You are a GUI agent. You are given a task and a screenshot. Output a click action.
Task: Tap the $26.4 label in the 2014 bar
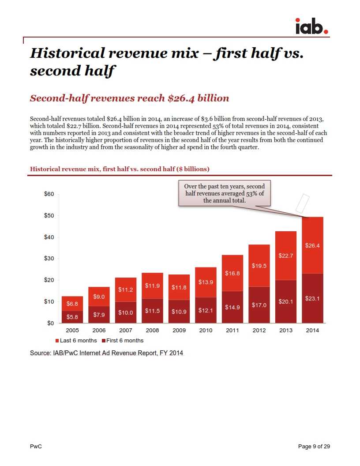click(312, 245)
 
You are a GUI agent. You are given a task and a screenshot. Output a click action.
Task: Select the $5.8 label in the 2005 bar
click(72, 317)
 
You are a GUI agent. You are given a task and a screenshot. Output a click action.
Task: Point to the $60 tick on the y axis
click(49, 194)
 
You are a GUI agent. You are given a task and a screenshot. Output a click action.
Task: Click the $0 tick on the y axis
click(50, 323)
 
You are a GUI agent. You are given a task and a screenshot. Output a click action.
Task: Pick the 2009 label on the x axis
click(179, 331)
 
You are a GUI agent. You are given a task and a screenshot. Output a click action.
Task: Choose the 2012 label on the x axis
click(259, 331)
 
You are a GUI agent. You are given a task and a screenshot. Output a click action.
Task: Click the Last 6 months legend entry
click(76, 341)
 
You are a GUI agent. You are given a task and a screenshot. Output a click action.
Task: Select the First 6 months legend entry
click(123, 341)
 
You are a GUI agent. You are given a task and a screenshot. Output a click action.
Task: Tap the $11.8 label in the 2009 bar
click(179, 287)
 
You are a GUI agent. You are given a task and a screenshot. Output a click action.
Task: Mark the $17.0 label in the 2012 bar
click(259, 305)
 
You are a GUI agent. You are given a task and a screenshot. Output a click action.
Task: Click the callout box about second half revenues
click(225, 193)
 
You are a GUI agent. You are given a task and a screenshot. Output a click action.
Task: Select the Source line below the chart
click(106, 353)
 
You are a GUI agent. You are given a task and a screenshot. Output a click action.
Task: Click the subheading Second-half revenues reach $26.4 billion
click(129, 98)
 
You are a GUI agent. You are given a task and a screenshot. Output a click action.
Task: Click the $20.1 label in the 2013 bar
click(285, 302)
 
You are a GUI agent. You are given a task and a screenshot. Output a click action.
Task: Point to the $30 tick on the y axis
click(49, 259)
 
